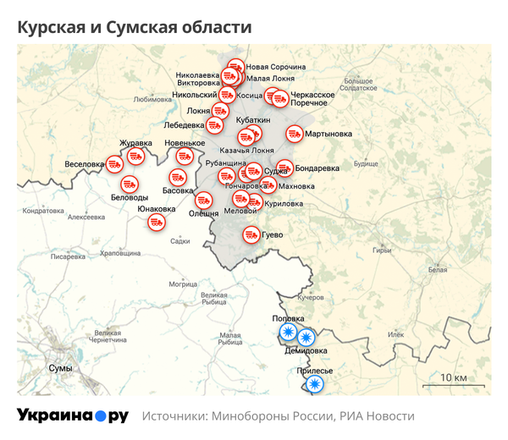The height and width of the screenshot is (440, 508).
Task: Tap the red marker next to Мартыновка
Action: (x=294, y=134)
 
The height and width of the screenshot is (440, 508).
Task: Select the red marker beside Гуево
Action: (x=251, y=234)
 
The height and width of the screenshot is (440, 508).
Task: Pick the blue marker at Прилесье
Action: (x=315, y=385)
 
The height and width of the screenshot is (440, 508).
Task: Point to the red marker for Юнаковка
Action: (x=157, y=223)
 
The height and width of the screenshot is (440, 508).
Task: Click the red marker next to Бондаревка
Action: (x=284, y=168)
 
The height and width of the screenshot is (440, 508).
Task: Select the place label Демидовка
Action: (x=306, y=349)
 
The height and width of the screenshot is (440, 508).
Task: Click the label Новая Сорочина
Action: (x=275, y=67)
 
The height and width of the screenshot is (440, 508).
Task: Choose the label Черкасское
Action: (x=312, y=94)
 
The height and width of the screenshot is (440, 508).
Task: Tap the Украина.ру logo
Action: (x=72, y=415)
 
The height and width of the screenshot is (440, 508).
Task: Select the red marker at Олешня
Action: (x=204, y=201)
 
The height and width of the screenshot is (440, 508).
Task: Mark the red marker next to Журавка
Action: (x=135, y=157)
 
